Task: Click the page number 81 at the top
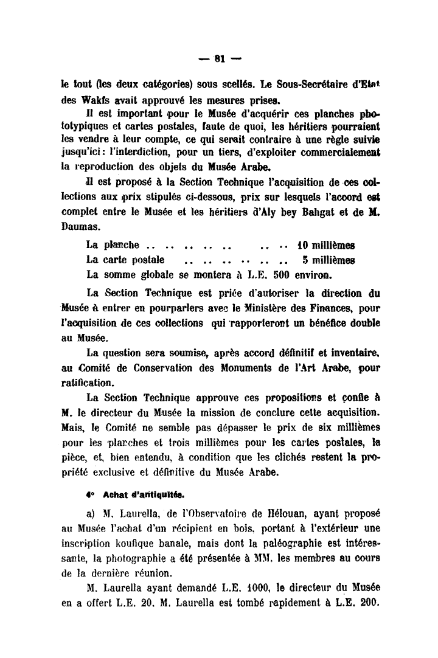pos(220,59)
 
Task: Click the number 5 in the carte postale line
pos(305,260)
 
